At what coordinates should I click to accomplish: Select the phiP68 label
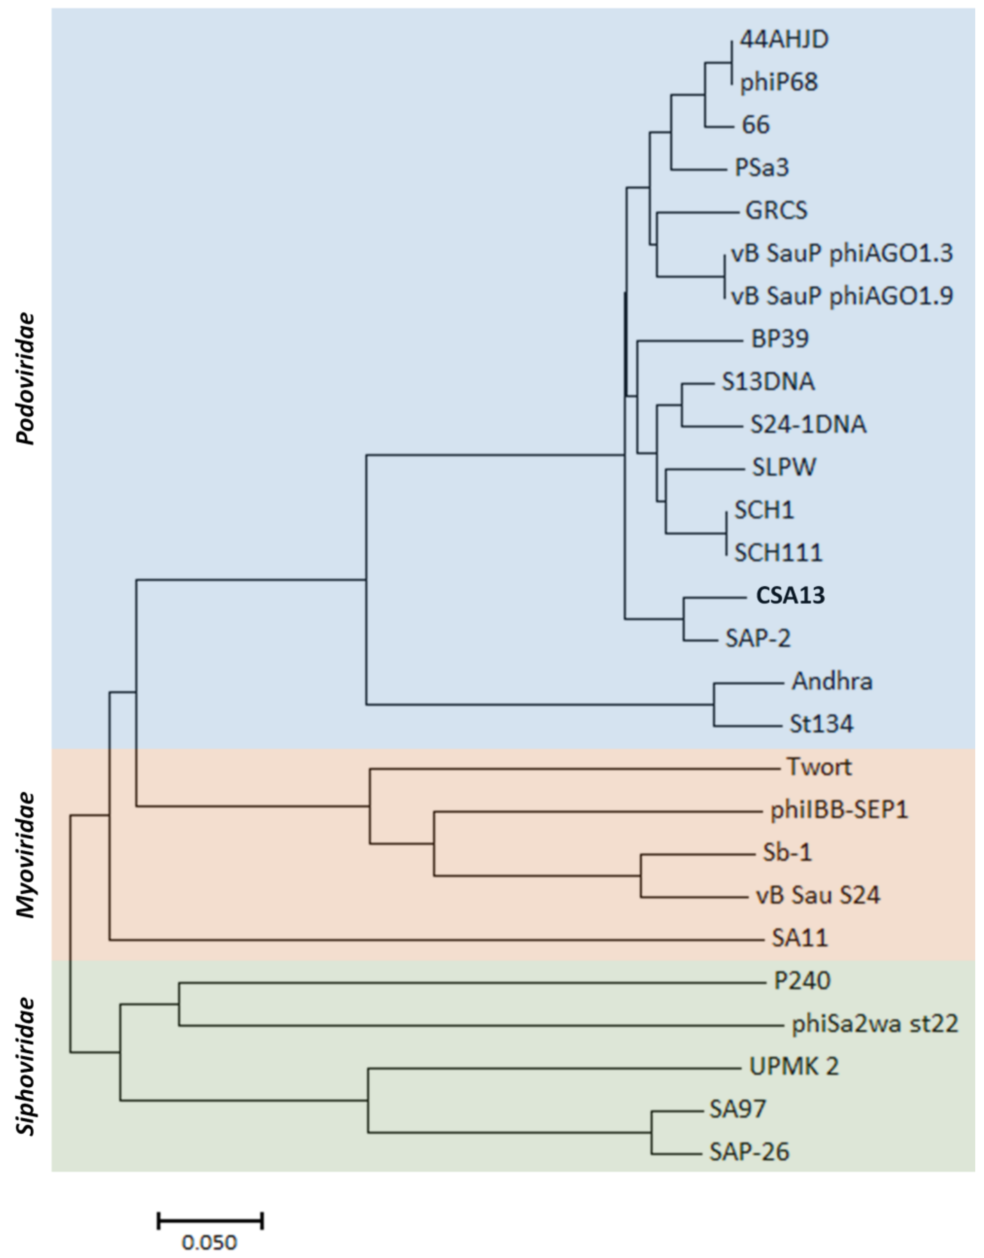(x=779, y=82)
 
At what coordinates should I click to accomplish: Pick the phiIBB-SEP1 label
(x=839, y=810)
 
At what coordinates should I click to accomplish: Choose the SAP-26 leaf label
(x=749, y=1152)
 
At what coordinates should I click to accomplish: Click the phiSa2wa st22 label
(x=875, y=1023)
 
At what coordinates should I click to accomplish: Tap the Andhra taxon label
(x=832, y=682)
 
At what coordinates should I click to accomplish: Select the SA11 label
(x=800, y=938)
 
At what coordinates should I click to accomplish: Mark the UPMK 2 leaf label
(x=794, y=1066)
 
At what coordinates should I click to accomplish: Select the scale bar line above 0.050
(x=210, y=1220)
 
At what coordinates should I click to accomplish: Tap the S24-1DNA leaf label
(x=808, y=424)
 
